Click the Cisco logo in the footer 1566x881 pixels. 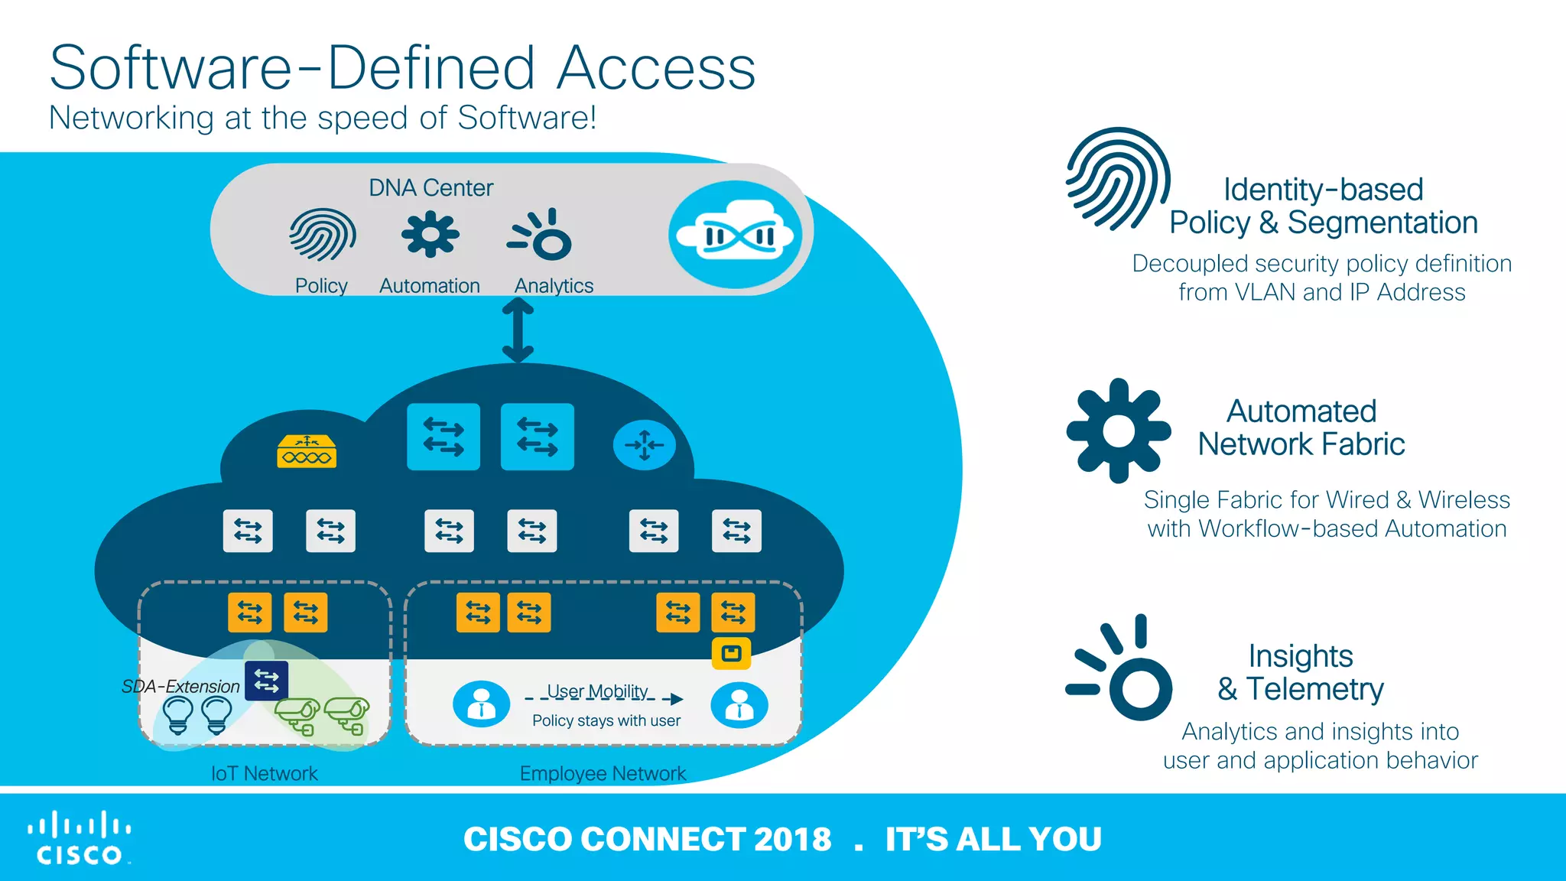click(x=79, y=838)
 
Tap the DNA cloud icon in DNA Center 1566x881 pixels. click(x=736, y=235)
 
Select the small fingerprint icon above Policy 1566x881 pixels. click(x=322, y=234)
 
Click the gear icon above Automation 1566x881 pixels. click(x=430, y=234)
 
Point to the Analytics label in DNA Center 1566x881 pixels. click(x=554, y=285)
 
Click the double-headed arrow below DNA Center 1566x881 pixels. click(x=518, y=330)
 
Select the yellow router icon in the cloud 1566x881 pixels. click(x=306, y=451)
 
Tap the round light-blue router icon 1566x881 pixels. click(x=644, y=445)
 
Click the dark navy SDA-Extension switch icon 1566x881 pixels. click(x=266, y=680)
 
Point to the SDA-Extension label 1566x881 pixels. click(x=180, y=686)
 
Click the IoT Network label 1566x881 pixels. click(x=264, y=773)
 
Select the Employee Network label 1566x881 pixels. click(x=603, y=773)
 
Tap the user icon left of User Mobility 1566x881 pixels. click(x=481, y=704)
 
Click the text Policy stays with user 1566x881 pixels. click(x=606, y=720)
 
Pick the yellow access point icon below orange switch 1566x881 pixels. click(x=731, y=654)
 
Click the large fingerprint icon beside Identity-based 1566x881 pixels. click(x=1117, y=180)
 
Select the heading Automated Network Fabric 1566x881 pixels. click(x=1301, y=427)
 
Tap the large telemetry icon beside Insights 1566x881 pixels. click(x=1121, y=669)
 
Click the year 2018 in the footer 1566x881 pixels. click(x=792, y=839)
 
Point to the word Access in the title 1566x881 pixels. click(x=656, y=69)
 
